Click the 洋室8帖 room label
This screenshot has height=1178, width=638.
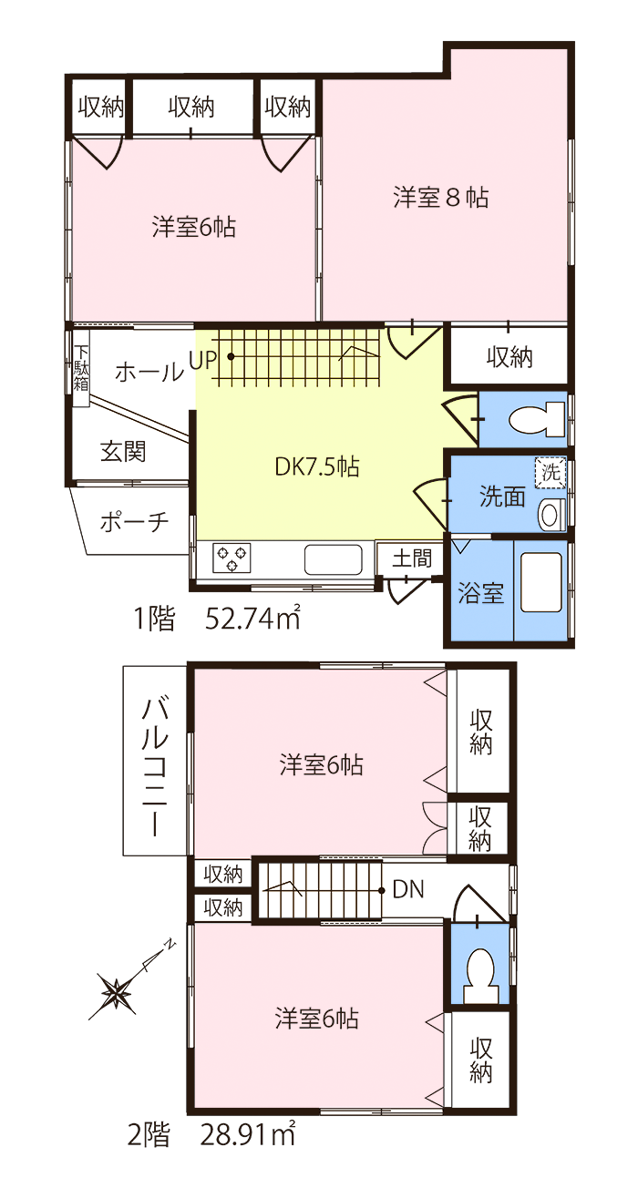tap(441, 198)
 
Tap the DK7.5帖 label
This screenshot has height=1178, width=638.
tap(317, 466)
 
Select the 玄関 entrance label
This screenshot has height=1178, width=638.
tap(123, 452)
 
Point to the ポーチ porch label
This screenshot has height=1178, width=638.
tap(134, 522)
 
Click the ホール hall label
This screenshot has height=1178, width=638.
tap(149, 372)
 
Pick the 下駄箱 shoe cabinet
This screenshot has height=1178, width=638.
tap(81, 368)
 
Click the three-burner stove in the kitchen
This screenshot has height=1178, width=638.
tap(232, 558)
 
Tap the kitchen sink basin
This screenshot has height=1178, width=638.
tap(333, 560)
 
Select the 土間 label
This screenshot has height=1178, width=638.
tap(412, 558)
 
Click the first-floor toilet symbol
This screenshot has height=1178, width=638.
tap(538, 419)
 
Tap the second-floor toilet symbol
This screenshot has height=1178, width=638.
tap(480, 975)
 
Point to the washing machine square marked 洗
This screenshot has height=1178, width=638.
tap(551, 472)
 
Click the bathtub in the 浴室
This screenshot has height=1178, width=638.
tap(541, 582)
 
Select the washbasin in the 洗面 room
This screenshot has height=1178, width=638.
tap(551, 515)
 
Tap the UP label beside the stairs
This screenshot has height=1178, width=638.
tap(202, 360)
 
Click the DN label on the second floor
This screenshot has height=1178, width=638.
tap(408, 890)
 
